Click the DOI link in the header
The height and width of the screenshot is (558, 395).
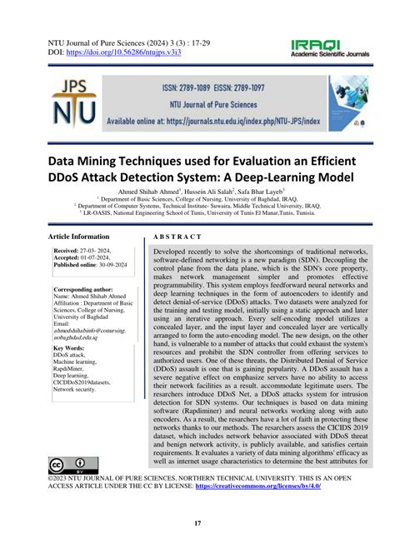point(138,52)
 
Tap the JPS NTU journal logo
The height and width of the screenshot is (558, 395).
point(78,101)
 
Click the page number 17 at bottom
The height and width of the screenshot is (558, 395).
point(197,522)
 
